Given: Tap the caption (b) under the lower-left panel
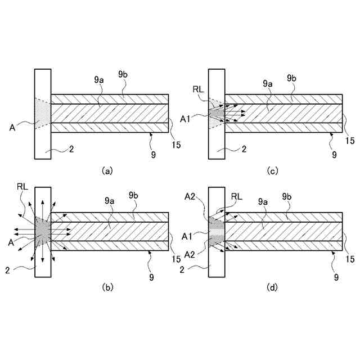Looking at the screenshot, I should (x=107, y=287).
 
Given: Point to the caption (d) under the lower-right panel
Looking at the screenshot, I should (x=272, y=287).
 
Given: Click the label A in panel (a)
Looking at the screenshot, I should (x=12, y=127).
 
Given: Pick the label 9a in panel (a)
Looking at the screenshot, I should (x=98, y=80).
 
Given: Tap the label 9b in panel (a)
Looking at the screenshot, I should (x=124, y=75).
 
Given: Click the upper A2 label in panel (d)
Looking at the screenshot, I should (x=190, y=196).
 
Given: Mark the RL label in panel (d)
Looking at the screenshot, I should (x=237, y=196).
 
